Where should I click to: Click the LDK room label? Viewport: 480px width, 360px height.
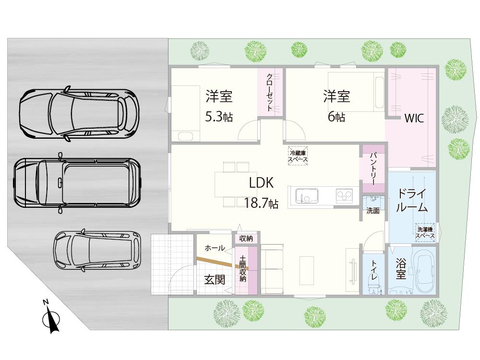click(x=261, y=183)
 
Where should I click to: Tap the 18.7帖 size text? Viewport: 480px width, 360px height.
click(x=261, y=203)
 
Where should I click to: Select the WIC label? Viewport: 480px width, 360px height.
click(x=413, y=118)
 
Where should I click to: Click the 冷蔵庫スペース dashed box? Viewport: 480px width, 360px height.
click(x=298, y=156)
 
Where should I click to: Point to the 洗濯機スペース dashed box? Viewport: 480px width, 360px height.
click(x=425, y=232)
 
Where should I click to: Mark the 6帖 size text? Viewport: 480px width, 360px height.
click(x=336, y=117)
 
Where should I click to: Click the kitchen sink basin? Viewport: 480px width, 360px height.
click(x=306, y=196)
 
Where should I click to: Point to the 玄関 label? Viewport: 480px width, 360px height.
click(x=214, y=279)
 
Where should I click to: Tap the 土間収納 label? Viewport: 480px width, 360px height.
click(x=243, y=269)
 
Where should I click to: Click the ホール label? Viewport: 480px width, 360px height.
click(x=214, y=248)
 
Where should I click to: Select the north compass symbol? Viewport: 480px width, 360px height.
click(x=51, y=318)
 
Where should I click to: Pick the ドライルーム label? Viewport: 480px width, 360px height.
click(x=411, y=201)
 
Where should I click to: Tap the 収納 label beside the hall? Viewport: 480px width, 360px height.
click(x=246, y=239)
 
